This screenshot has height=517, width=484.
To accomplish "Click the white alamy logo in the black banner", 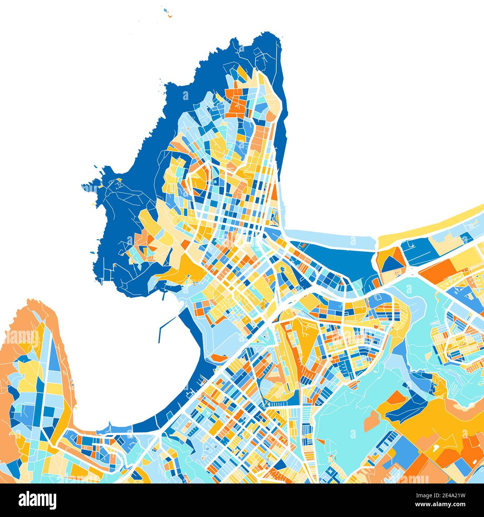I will tap(37, 499).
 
